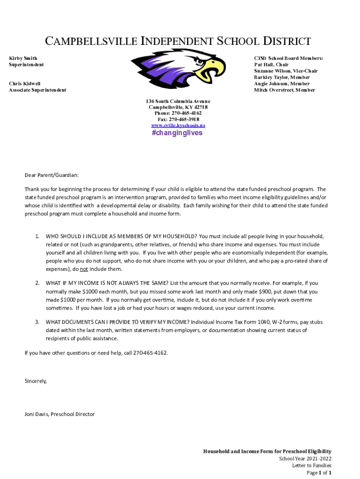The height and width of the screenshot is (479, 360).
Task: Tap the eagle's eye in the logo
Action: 201,61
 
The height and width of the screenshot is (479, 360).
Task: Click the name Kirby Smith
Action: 23,58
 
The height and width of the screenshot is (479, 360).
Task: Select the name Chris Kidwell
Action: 25,84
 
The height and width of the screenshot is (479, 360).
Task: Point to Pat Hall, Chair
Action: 271,65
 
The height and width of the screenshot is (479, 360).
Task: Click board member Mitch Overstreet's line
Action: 284,90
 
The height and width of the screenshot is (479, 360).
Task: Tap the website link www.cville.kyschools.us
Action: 178,125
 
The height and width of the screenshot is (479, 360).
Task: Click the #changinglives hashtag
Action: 177,133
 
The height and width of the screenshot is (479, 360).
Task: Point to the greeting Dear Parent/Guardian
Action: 51,175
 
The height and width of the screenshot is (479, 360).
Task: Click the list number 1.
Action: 37,236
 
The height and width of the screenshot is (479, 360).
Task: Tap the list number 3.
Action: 37,322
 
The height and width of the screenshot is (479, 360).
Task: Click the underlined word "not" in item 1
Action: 84,269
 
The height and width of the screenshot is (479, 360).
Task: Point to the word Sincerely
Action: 36,381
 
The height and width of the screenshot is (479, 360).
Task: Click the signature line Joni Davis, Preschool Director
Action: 59,414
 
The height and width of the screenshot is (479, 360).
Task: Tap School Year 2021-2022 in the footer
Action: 305,458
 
